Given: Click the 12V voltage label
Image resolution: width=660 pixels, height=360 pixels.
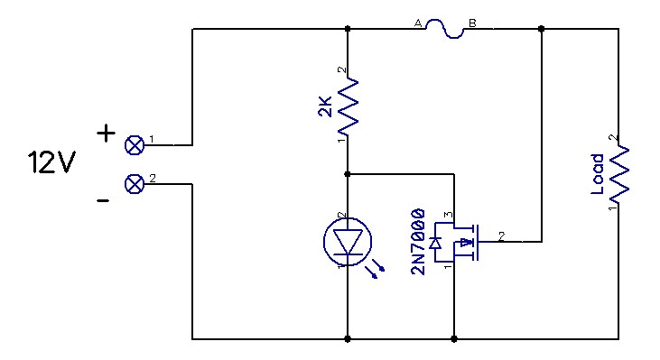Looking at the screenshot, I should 52,163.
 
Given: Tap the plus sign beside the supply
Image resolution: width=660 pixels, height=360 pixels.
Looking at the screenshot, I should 106,134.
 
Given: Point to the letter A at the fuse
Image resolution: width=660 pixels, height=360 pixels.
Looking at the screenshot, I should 418,23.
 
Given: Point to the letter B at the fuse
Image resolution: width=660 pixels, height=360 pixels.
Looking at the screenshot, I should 471,23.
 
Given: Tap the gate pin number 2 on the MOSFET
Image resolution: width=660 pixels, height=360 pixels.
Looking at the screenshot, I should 502,235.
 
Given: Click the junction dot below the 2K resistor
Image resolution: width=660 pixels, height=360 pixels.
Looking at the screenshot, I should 349,173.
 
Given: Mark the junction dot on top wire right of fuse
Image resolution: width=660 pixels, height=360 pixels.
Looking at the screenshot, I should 541,29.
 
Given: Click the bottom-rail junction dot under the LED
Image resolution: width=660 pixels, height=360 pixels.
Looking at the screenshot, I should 349,339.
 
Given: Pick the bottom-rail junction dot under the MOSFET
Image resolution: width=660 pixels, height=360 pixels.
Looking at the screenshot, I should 453,339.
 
